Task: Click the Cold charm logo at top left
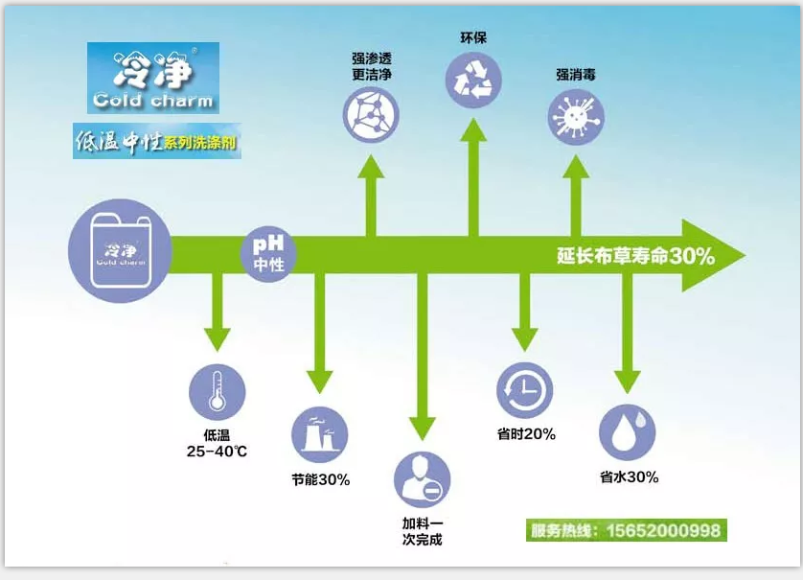click(153, 78)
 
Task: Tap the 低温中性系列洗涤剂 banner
click(157, 142)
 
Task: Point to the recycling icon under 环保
click(473, 78)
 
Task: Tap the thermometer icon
click(218, 392)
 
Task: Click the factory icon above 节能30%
click(320, 434)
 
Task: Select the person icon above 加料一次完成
click(422, 479)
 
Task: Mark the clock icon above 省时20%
click(525, 390)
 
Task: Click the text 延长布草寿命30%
click(635, 257)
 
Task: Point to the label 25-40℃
click(218, 450)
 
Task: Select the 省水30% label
click(629, 476)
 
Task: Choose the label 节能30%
click(320, 478)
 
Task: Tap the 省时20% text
click(526, 434)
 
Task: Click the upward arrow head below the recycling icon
click(473, 126)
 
